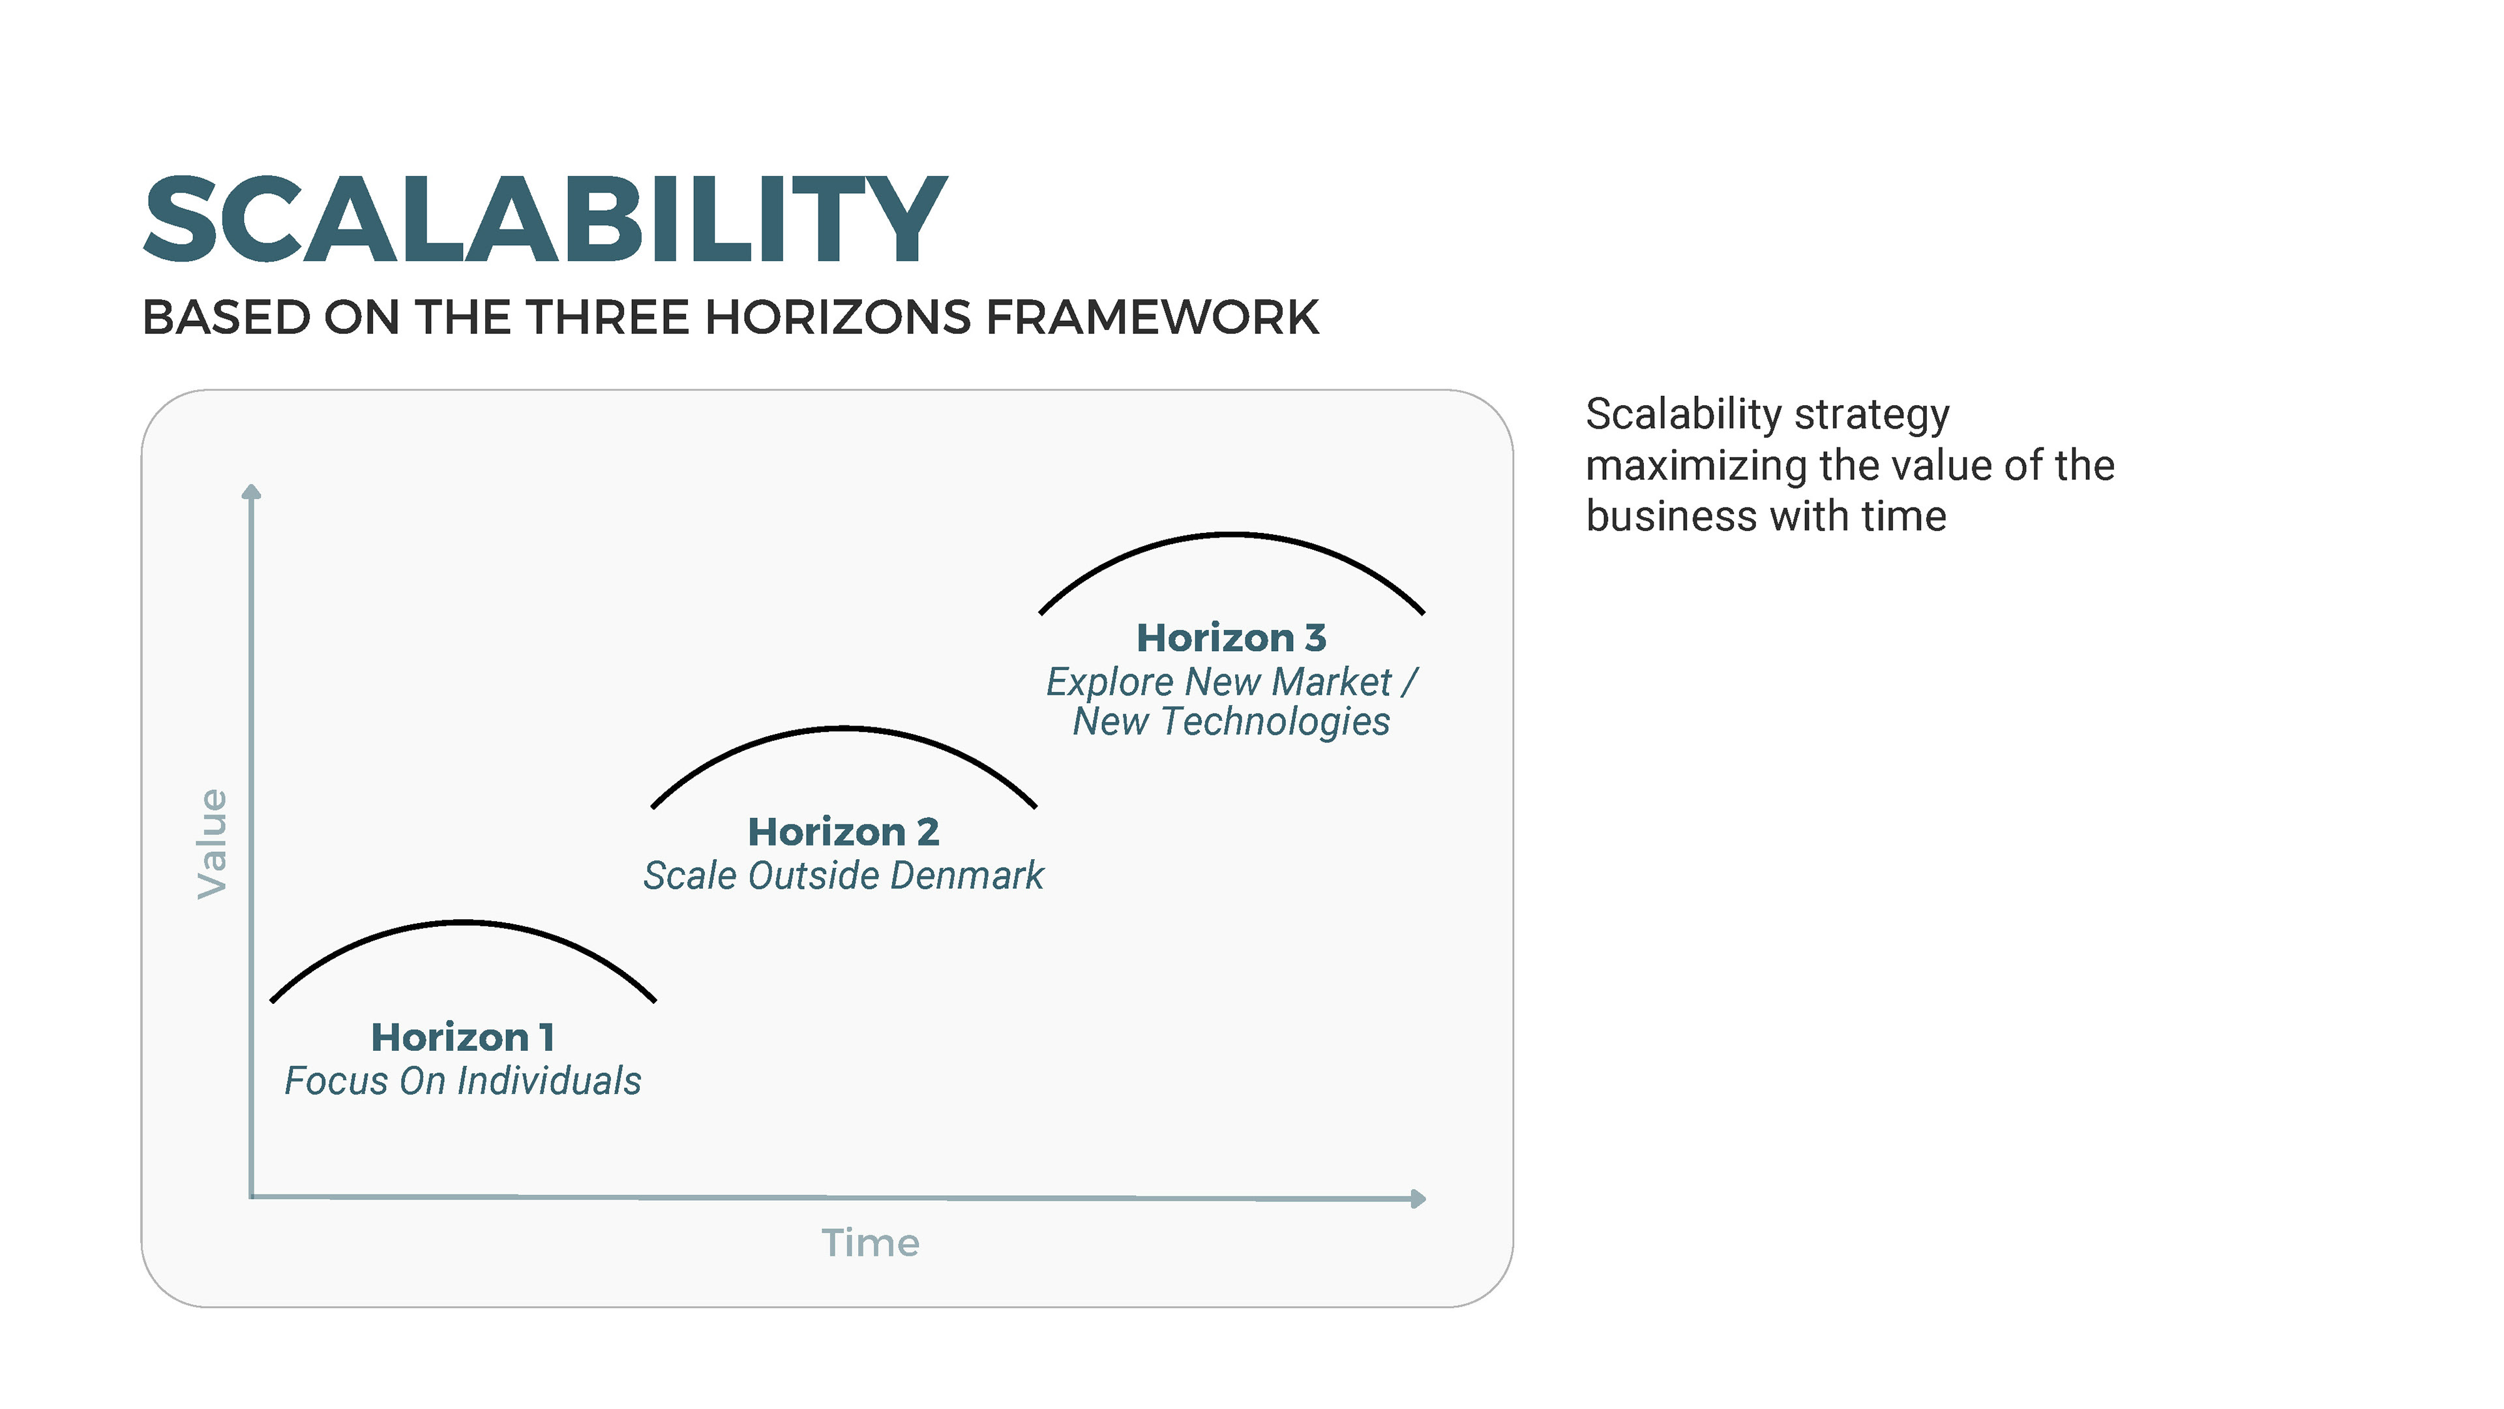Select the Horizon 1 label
[463, 1038]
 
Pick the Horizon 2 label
[842, 832]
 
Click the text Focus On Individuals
[463, 1082]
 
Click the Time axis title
[870, 1243]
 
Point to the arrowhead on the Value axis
[251, 491]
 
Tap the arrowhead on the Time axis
[1418, 1199]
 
